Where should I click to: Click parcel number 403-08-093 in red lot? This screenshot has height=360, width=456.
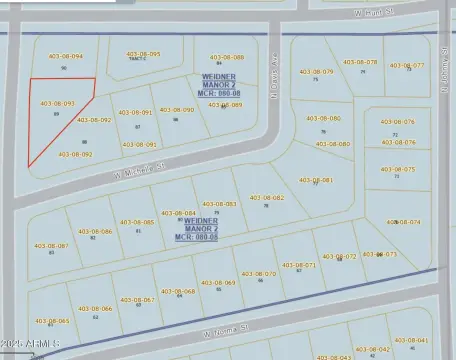coord(57,103)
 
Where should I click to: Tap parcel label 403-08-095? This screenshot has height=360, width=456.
coord(143,54)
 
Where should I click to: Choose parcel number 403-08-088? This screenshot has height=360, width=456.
coord(225,58)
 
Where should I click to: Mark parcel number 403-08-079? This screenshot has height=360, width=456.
coord(317,72)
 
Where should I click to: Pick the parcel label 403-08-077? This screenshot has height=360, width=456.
coord(406,65)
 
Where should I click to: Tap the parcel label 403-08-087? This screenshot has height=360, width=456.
coord(51,245)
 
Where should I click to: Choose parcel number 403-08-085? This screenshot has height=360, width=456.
coord(137,222)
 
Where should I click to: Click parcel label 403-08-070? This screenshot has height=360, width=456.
coord(258,273)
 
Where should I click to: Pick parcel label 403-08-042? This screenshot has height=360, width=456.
coord(372,349)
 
